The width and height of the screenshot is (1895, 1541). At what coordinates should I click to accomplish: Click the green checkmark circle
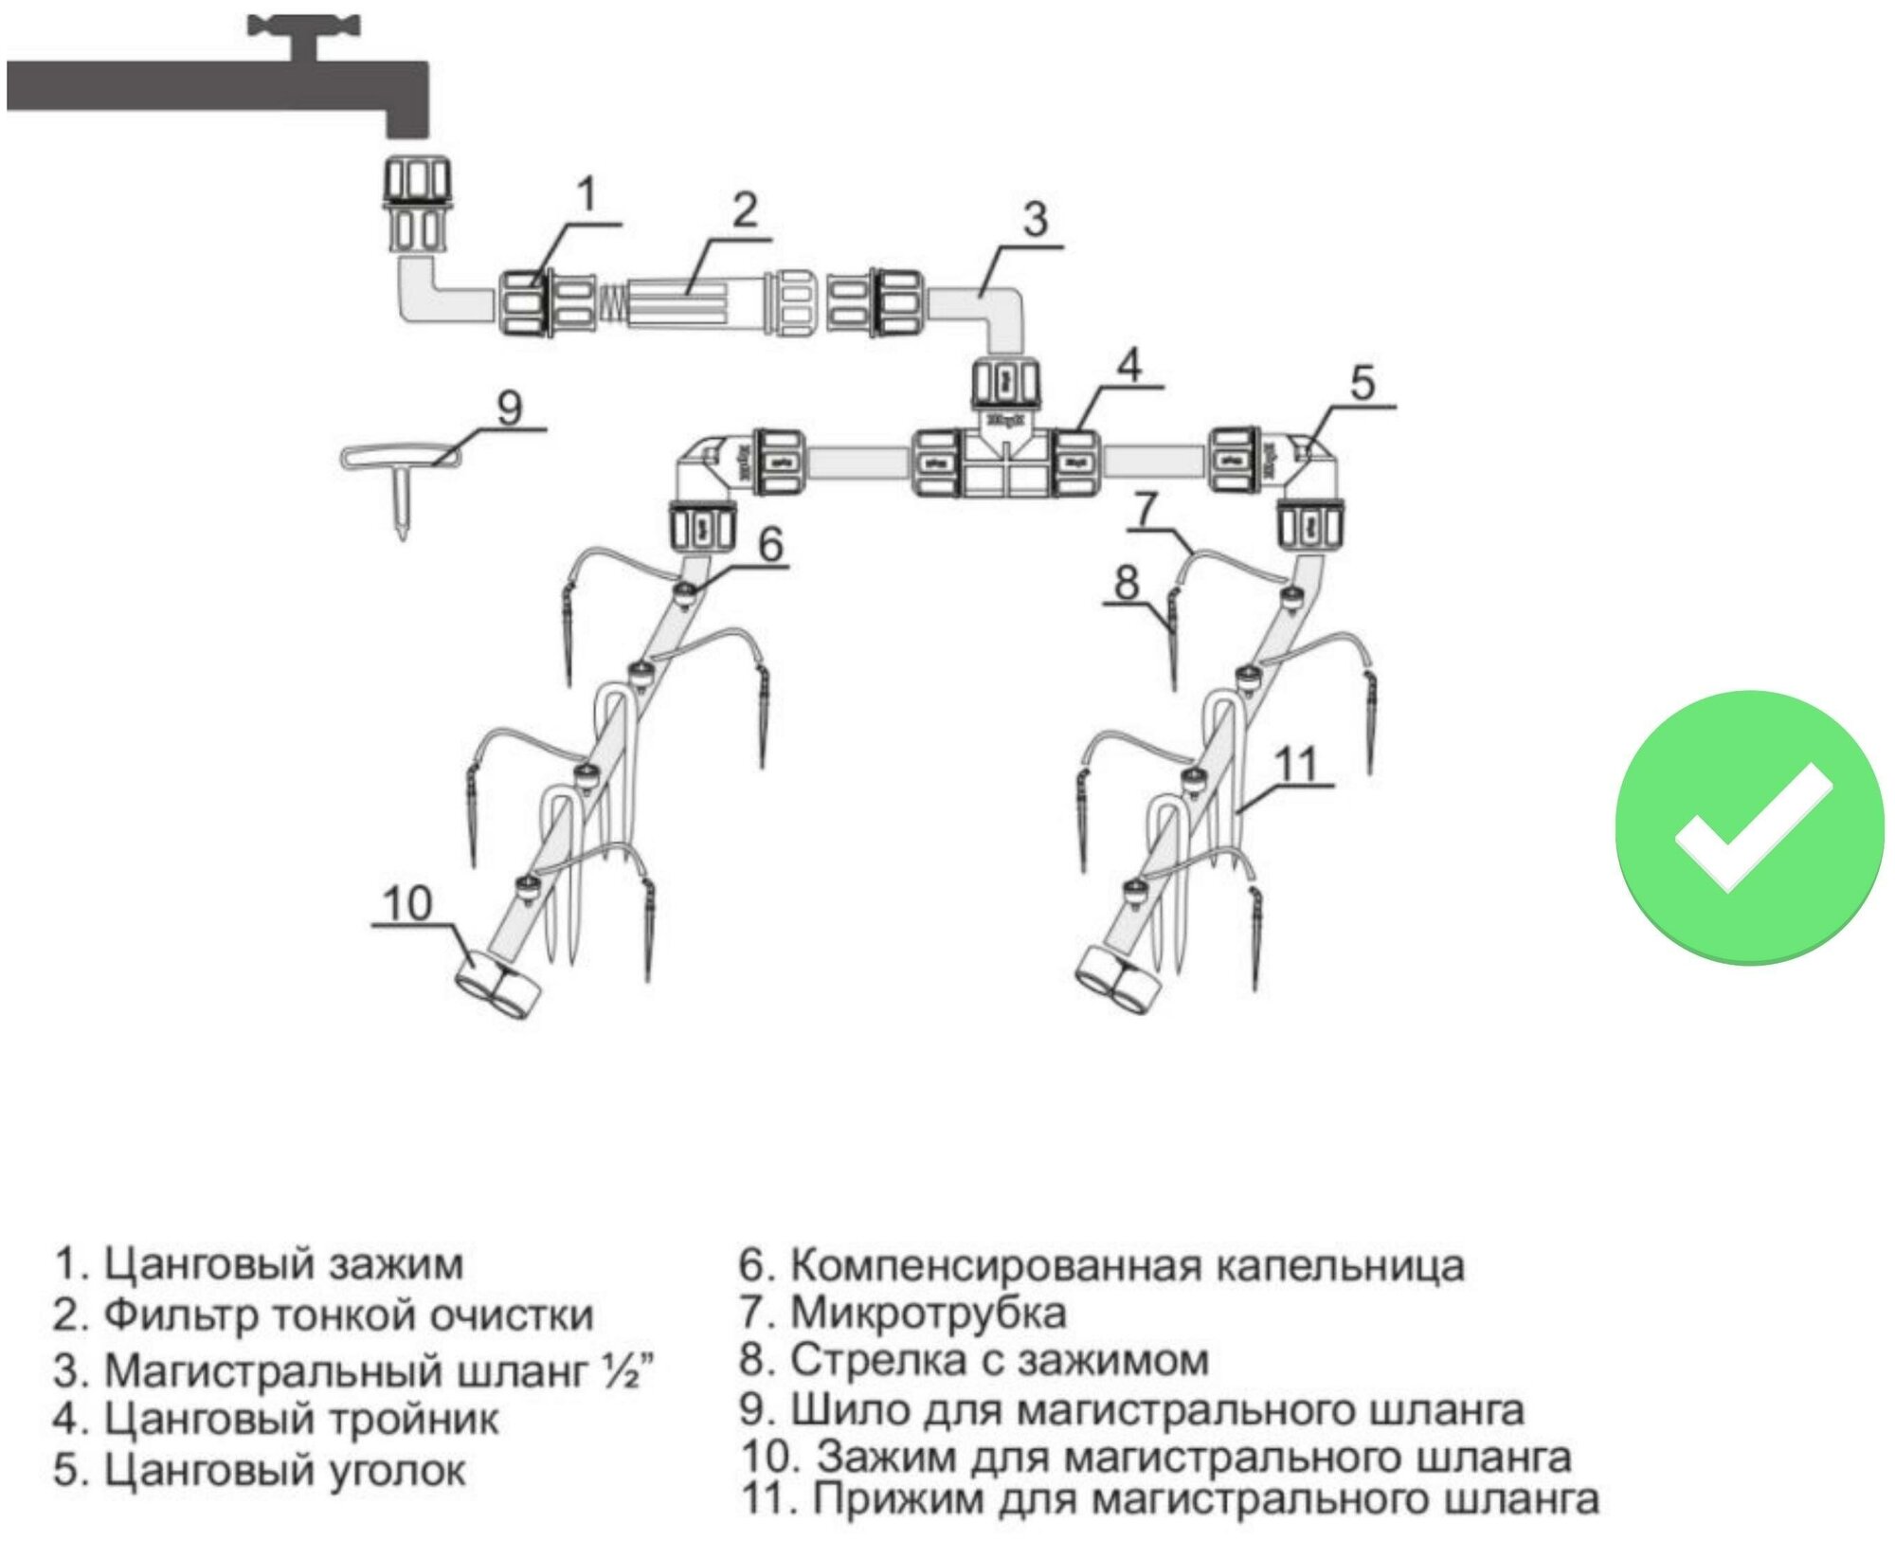click(1749, 826)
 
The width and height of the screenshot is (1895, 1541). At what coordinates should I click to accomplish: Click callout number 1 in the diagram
click(587, 194)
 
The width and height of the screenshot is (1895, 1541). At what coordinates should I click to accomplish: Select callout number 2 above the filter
click(746, 209)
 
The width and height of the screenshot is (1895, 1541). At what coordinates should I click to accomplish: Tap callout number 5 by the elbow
click(1362, 383)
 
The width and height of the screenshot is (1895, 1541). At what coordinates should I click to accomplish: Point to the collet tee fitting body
click(1005, 464)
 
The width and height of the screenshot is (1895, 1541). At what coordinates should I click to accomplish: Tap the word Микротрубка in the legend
click(928, 1313)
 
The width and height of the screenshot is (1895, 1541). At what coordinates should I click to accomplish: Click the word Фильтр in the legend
click(181, 1315)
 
